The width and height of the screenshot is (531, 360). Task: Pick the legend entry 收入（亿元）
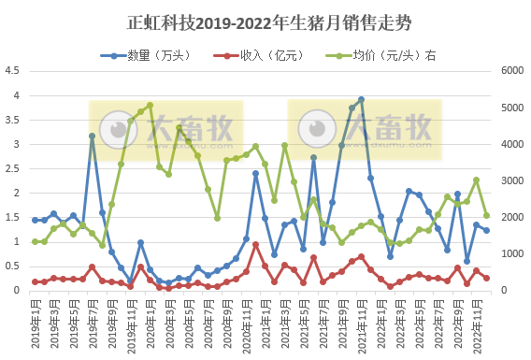262,54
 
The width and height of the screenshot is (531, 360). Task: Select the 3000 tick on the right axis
513,180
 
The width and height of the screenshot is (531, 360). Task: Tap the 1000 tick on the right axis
513,253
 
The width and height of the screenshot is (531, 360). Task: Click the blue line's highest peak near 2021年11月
361,99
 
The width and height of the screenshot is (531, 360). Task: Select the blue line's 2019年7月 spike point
93,136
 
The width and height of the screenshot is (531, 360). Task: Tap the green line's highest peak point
150,105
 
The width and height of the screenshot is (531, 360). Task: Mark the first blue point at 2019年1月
35,220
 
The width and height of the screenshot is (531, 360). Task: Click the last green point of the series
486,215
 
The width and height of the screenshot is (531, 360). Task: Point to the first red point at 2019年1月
35,281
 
